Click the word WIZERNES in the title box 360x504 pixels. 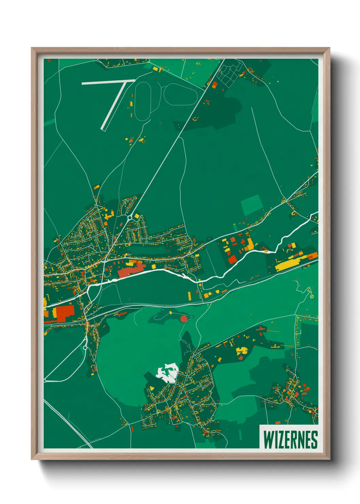click(290, 439)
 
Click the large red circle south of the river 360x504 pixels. click(184, 319)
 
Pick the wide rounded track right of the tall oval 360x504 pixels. click(181, 94)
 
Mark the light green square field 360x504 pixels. click(252, 205)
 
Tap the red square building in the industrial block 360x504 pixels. click(232, 259)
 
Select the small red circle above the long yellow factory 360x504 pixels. click(290, 245)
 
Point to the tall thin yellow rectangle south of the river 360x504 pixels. click(190, 296)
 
